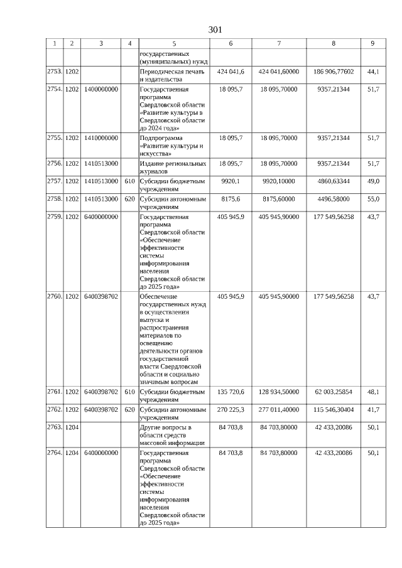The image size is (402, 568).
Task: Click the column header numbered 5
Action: point(174,43)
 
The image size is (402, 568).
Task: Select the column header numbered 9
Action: point(373,43)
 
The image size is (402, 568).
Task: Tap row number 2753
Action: point(55,72)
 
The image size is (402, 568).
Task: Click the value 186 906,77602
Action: point(334,72)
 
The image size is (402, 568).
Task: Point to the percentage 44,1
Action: point(373,72)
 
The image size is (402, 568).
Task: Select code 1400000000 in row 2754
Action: point(100,90)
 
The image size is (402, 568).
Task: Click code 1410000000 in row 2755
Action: point(100,137)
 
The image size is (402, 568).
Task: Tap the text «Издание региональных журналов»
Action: point(173,167)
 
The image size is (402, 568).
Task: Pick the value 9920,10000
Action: point(279,181)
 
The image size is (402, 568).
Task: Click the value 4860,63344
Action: point(334,181)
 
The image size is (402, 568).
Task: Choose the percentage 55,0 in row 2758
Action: point(373,198)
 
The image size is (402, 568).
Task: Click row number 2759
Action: point(55,217)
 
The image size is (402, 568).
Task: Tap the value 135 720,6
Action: point(231,392)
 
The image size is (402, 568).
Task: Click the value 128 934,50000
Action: point(279,392)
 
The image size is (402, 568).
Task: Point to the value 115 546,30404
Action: point(334,409)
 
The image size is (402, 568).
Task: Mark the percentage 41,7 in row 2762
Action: point(373,409)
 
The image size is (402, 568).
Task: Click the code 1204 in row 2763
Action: point(72,427)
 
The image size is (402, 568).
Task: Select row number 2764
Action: point(55,453)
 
